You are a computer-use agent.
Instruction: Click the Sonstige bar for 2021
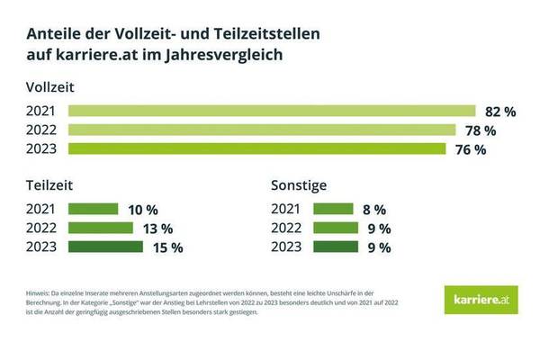[332, 209]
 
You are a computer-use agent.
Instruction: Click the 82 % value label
[499, 112]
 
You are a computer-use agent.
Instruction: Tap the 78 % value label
[479, 131]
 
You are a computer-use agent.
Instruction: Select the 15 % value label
[166, 247]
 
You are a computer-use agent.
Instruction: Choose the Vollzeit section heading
[50, 87]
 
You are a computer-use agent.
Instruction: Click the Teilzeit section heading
[49, 185]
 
